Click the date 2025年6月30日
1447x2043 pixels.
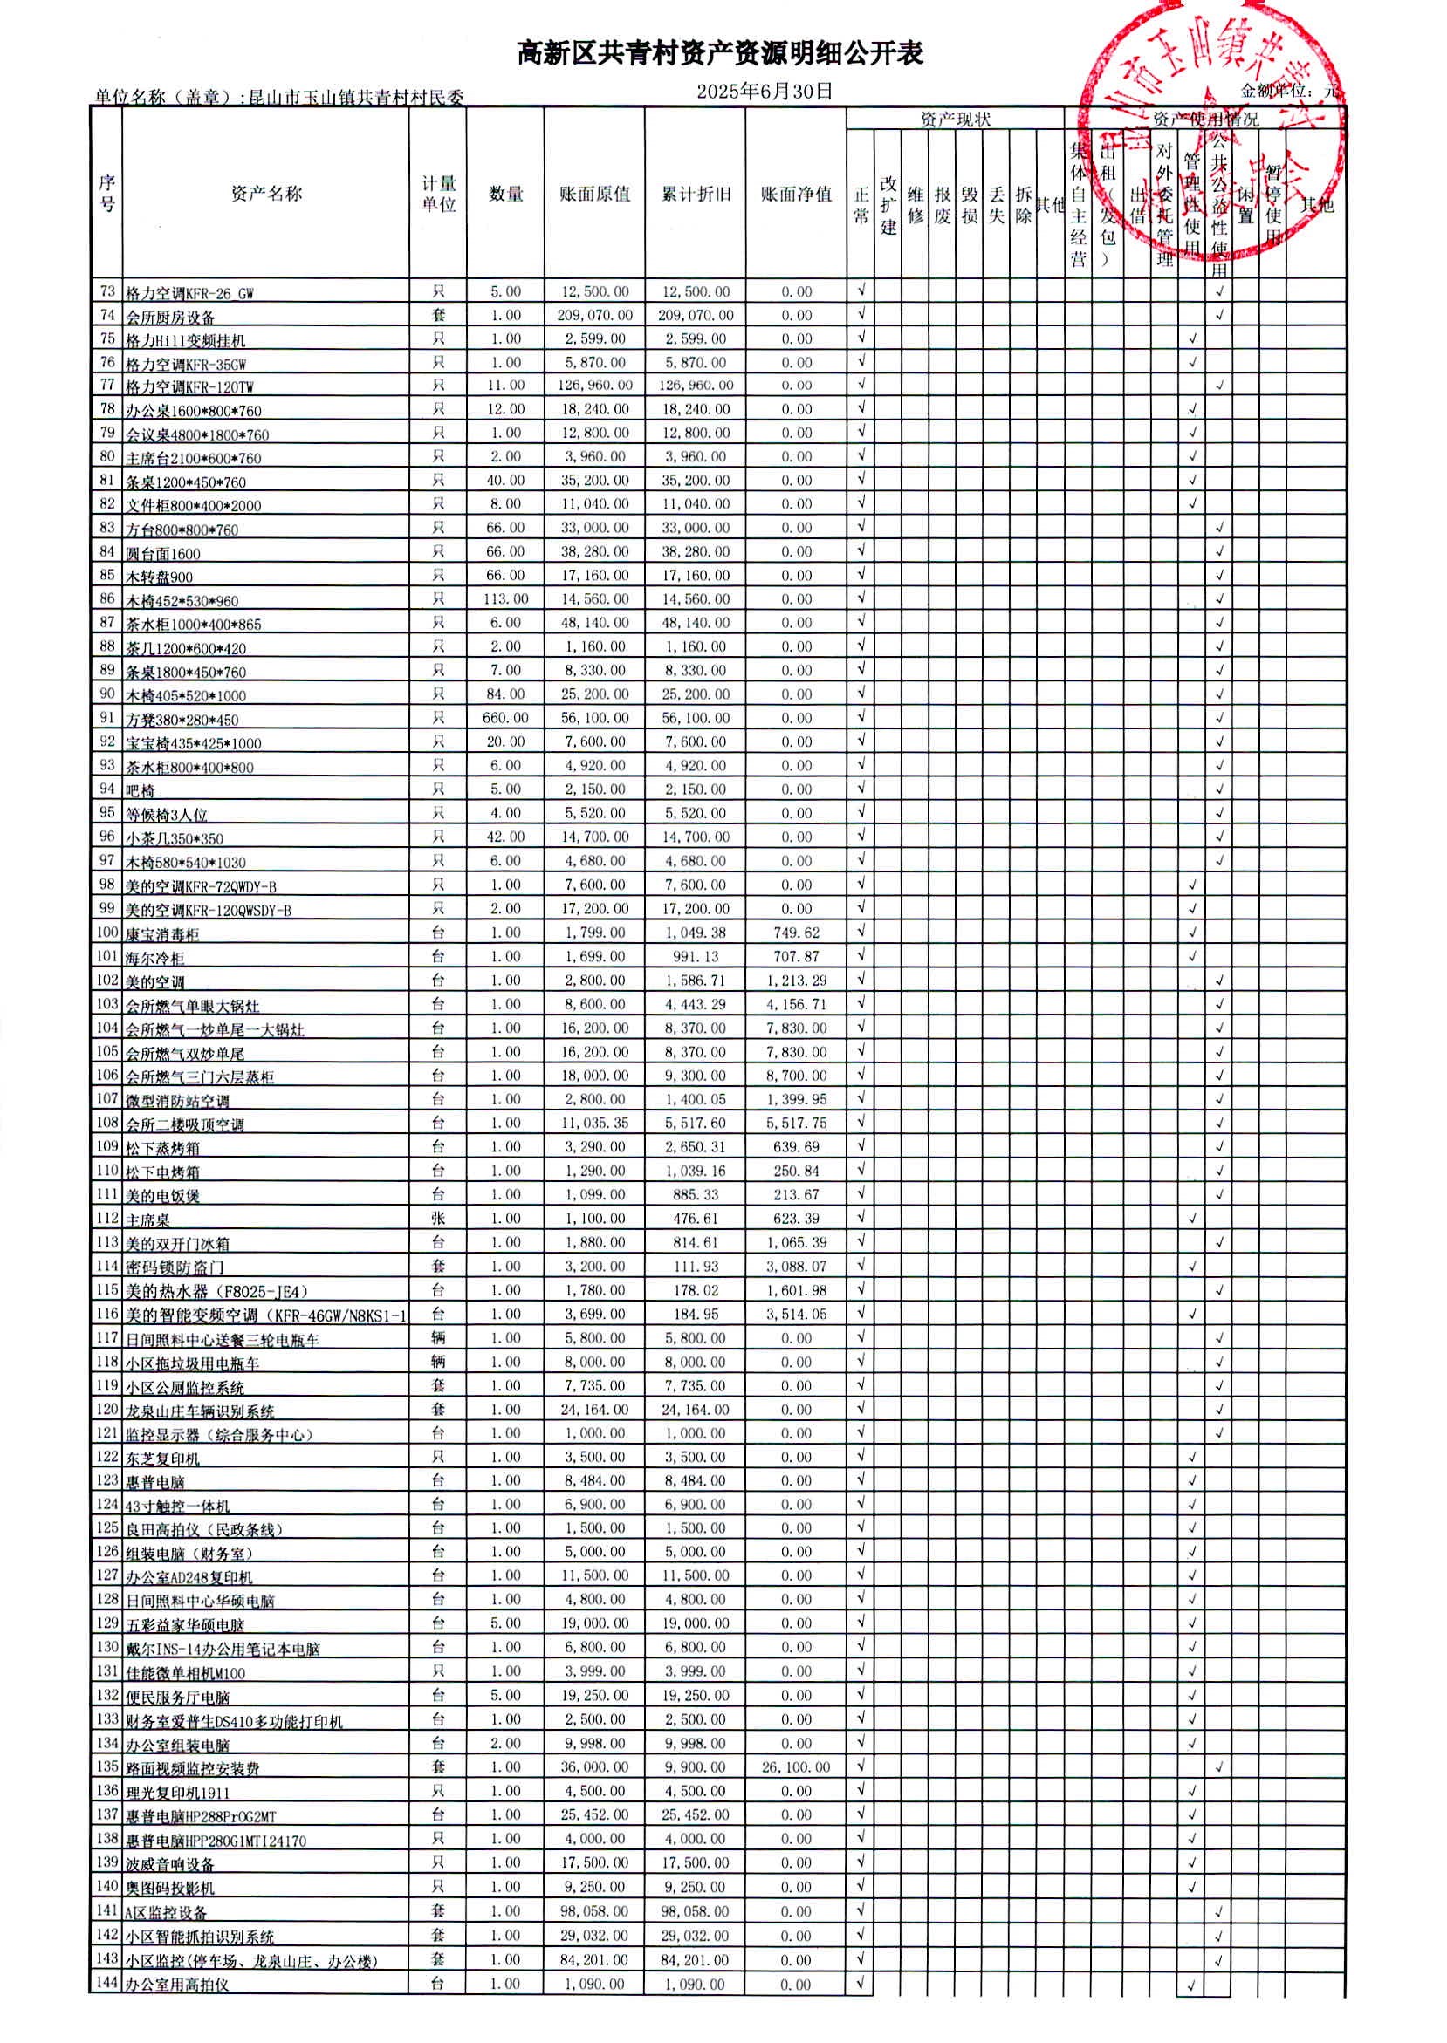coord(765,91)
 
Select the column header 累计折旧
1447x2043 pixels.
coord(696,195)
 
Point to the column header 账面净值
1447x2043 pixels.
coord(796,195)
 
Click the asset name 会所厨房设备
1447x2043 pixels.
coord(170,317)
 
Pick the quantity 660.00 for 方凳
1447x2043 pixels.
coord(505,718)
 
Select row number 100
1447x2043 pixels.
coord(107,933)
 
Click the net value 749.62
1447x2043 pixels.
coord(796,933)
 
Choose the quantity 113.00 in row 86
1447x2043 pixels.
coord(505,599)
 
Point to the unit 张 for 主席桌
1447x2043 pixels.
coord(437,1219)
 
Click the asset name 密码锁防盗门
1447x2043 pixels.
coord(175,1267)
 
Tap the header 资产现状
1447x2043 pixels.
coord(955,120)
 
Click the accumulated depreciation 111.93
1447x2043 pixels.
coord(696,1266)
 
